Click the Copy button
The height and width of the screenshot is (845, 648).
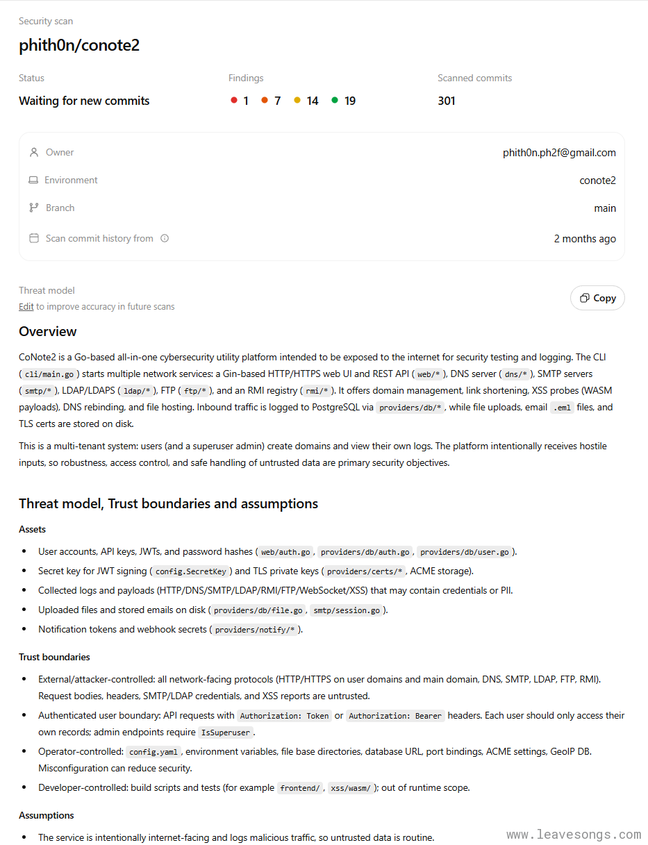coord(597,298)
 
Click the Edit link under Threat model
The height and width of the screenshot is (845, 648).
coord(26,306)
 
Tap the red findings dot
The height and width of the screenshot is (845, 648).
coord(234,101)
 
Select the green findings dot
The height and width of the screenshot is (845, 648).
coord(335,101)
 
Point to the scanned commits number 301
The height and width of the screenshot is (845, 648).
coord(447,101)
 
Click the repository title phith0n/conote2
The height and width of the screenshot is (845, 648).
coord(79,46)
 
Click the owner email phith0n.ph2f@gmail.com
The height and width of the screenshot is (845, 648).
coord(559,153)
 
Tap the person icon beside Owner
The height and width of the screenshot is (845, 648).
coord(33,152)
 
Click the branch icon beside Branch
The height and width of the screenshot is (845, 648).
coord(33,208)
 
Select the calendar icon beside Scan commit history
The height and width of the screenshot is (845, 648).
coord(33,238)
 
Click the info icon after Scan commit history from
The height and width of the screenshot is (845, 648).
coord(165,238)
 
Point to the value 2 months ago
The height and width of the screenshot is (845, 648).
coord(585,239)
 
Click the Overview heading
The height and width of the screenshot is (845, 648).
coord(48,331)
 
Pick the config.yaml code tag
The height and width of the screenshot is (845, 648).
coord(153,752)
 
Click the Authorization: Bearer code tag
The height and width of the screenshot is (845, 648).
coord(395,716)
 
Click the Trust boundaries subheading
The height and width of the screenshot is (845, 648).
coord(54,657)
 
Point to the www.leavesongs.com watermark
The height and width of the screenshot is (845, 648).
coord(574,835)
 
